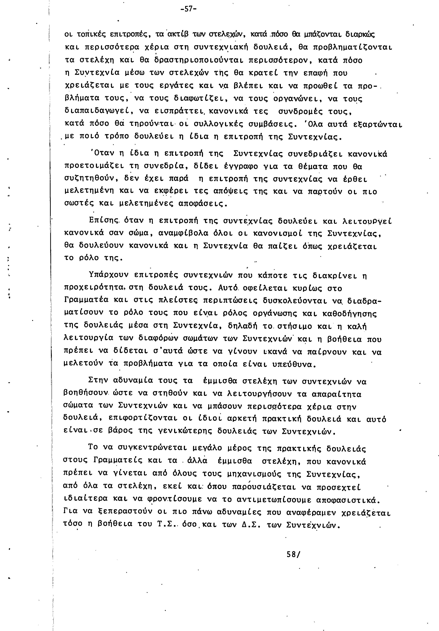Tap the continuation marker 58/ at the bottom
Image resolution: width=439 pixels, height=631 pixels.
[293, 554]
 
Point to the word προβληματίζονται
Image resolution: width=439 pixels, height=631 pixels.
[353, 48]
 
